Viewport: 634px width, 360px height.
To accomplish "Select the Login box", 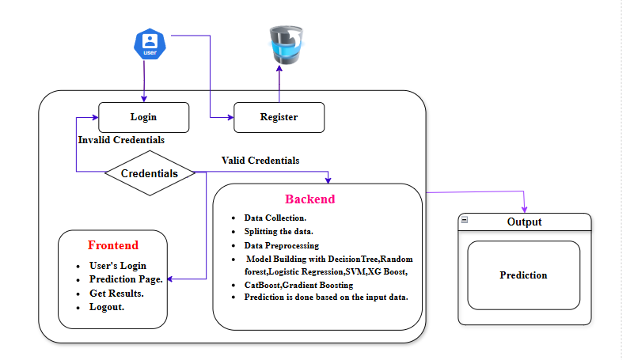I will point(143,117).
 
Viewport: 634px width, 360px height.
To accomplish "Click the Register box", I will point(279,117).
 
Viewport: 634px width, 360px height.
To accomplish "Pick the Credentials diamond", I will point(150,172).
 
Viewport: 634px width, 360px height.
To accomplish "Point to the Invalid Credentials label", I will point(121,140).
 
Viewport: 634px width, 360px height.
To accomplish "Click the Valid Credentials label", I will point(260,160).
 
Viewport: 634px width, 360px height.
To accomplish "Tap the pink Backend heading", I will point(309,199).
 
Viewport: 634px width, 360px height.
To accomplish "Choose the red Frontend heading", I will point(113,245).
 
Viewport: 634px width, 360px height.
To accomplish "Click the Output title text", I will point(524,222).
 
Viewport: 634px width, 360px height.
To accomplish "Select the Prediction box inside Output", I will point(523,275).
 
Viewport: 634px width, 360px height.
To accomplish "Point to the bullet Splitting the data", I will point(279,231).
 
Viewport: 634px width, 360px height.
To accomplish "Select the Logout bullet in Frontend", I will point(107,307).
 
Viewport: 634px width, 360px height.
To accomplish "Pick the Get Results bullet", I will point(117,294).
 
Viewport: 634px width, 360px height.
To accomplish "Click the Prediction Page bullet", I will point(127,279).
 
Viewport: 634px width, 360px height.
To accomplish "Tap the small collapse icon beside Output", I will point(465,219).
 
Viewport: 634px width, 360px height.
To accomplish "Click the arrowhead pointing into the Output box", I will point(524,209).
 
